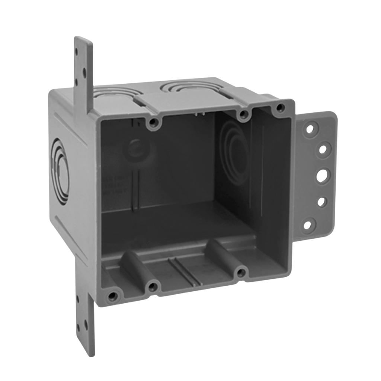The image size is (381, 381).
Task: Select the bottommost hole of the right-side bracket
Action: point(308,225)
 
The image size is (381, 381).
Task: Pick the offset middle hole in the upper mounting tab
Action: point(84,70)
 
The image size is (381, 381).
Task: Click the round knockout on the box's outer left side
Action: point(60,171)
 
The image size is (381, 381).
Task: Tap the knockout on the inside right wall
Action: point(234,153)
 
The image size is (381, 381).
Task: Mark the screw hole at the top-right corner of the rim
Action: point(281,108)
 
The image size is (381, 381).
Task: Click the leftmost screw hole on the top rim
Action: point(153,123)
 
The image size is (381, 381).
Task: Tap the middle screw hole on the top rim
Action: point(243,115)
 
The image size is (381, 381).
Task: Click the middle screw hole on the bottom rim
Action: point(153,287)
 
